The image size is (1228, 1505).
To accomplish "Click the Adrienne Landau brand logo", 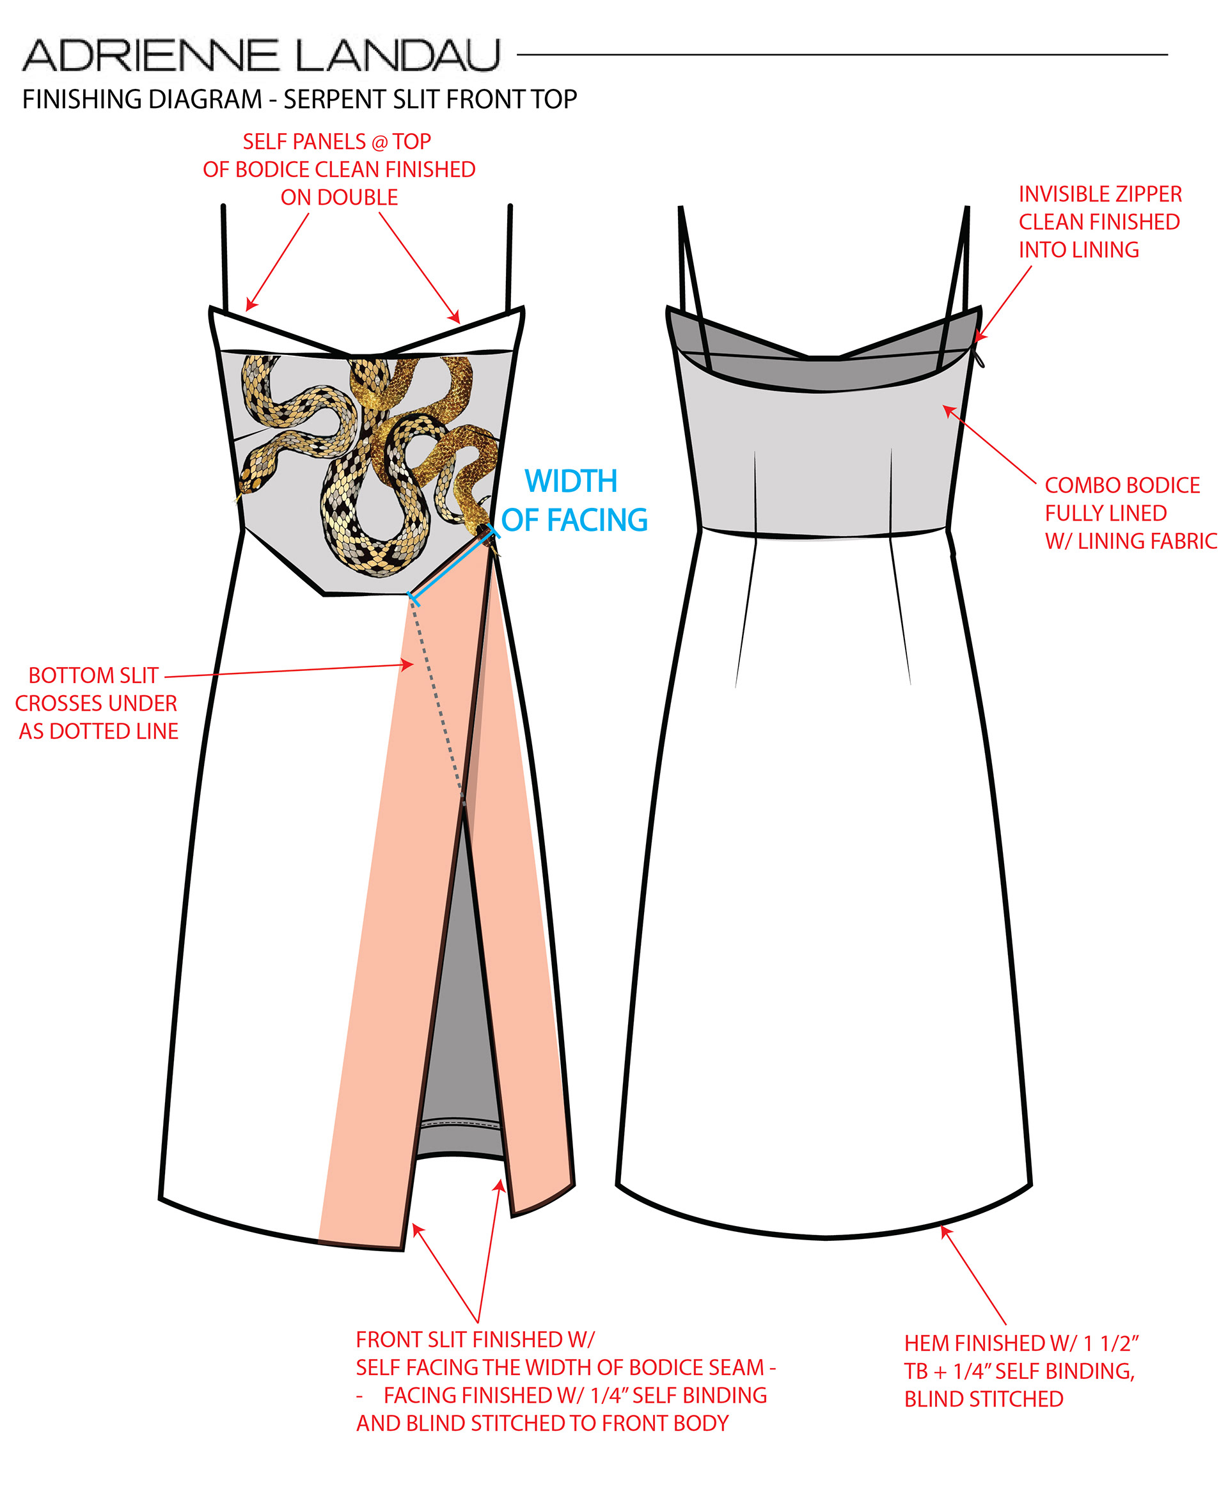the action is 262,55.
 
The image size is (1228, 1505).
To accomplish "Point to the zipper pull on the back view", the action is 980,359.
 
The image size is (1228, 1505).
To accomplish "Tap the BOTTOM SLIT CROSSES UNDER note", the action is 97,703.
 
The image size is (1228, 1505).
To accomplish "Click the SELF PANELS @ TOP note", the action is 339,169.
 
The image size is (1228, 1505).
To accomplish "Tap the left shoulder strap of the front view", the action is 225,258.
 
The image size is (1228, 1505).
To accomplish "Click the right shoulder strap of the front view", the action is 509,258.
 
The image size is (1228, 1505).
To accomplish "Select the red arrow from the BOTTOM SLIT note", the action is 290,670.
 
